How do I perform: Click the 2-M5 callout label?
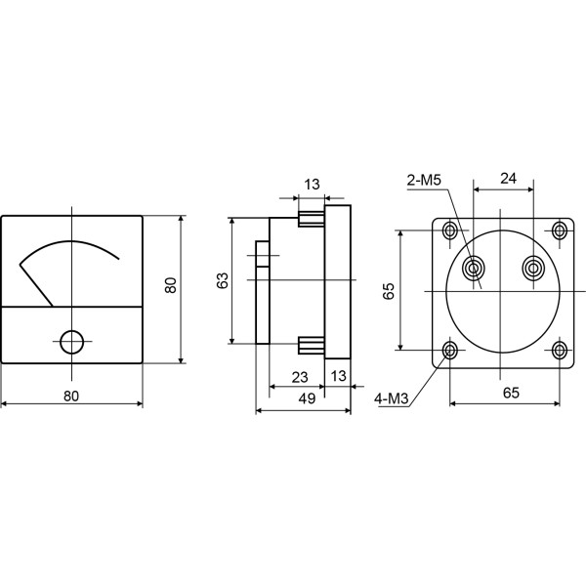pyautogui.click(x=424, y=181)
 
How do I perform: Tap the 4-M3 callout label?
pyautogui.click(x=392, y=399)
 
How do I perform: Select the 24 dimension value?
pyautogui.click(x=508, y=179)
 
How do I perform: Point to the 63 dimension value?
pyautogui.click(x=222, y=280)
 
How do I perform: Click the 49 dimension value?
pyautogui.click(x=307, y=398)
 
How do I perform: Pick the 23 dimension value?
pyautogui.click(x=300, y=377)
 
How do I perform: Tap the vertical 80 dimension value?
pyautogui.click(x=170, y=285)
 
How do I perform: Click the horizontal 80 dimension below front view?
pyautogui.click(x=71, y=396)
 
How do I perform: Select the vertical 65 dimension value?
pyautogui.click(x=389, y=291)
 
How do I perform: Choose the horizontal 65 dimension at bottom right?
pyautogui.click(x=511, y=393)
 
